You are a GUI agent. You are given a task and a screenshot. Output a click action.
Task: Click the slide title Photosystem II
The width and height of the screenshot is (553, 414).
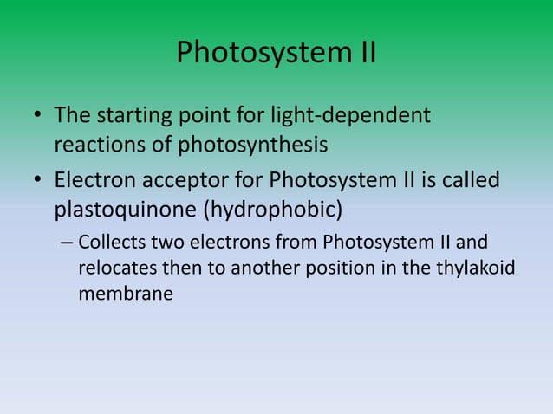[276, 54]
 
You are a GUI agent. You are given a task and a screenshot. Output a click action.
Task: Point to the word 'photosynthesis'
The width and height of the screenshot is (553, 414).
[252, 144]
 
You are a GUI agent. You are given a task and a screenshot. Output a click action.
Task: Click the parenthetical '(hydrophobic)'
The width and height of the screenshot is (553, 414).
[273, 210]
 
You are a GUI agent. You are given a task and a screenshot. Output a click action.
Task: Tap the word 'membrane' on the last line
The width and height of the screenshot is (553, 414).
[126, 294]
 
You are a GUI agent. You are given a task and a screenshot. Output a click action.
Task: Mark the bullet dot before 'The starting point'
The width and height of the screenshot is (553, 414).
[38, 116]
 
